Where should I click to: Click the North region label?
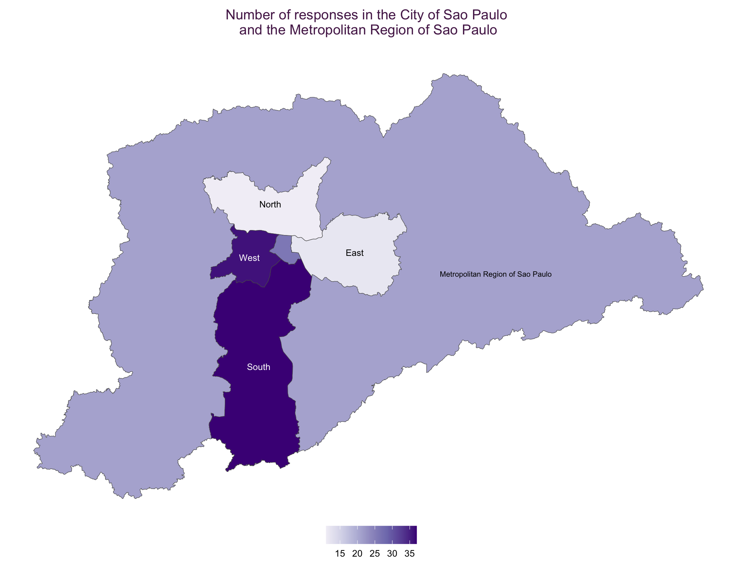(270, 205)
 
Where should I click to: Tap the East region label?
(354, 253)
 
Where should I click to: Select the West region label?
(249, 258)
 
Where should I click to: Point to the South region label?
(258, 367)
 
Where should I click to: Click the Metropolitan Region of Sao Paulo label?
(495, 275)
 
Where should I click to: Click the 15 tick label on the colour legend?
(340, 553)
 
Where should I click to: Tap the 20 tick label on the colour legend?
(357, 553)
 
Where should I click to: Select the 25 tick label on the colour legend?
(375, 553)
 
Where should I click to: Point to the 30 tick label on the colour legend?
(392, 553)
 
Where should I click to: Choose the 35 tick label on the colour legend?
(409, 553)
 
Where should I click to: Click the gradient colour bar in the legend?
(371, 535)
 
